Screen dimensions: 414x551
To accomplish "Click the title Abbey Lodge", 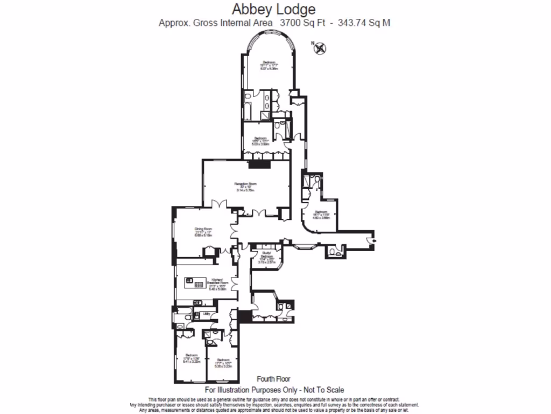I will point(274,9).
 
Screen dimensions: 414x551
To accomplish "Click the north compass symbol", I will point(320,49).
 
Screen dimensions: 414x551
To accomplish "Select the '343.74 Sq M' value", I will point(363,23).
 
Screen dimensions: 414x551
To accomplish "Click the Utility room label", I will point(206,313).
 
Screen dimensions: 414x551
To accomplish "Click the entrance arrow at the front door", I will point(374,240).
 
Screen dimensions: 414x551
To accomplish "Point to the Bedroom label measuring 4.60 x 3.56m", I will point(321,212).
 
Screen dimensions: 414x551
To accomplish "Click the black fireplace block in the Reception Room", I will point(256,164).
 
